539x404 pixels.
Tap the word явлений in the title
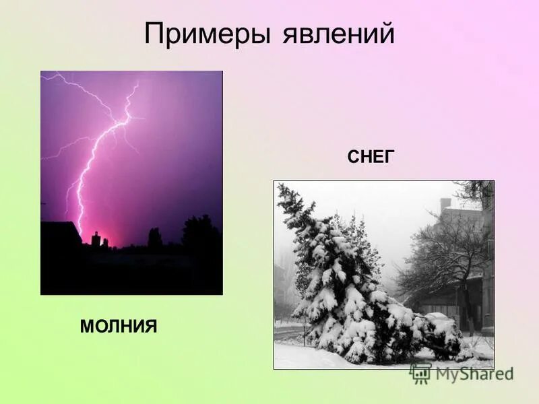(334, 34)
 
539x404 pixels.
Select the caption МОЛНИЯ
(119, 327)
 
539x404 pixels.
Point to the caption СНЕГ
(370, 158)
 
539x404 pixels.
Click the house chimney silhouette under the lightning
(96, 238)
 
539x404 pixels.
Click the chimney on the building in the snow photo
(445, 203)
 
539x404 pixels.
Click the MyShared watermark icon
(420, 372)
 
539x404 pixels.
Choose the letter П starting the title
(154, 34)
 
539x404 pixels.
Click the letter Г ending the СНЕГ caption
(388, 158)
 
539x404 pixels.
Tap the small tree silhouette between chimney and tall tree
(155, 237)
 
